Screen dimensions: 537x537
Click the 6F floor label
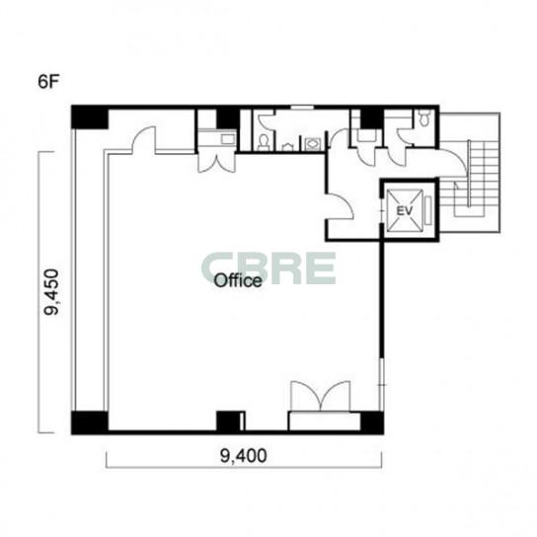[x=48, y=82]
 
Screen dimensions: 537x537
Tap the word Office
[x=238, y=280]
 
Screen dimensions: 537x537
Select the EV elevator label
[x=405, y=210]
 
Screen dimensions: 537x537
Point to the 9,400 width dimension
[x=243, y=456]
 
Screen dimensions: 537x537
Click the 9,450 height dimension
[x=51, y=292]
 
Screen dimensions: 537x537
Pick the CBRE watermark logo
[x=268, y=268]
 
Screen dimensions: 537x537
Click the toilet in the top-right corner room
[x=424, y=117]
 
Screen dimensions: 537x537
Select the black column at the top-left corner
[x=90, y=117]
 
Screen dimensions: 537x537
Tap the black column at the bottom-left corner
[x=90, y=422]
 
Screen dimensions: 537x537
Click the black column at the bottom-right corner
[x=372, y=422]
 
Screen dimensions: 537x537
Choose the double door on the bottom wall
[x=321, y=396]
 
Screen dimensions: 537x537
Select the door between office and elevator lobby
[x=340, y=206]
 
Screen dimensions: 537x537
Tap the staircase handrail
[x=468, y=174]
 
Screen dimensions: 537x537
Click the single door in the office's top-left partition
[x=144, y=139]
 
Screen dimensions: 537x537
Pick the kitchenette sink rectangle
[x=228, y=139]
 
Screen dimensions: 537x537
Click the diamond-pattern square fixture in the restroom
[x=312, y=143]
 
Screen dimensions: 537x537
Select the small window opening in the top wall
[x=302, y=108]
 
